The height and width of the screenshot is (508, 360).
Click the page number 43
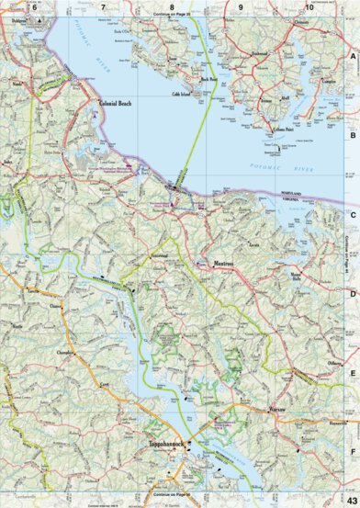click(353, 498)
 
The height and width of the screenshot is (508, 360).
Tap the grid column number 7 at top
click(103, 8)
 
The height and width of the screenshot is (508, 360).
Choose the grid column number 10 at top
click(309, 8)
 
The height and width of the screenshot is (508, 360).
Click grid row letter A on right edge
click(353, 56)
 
